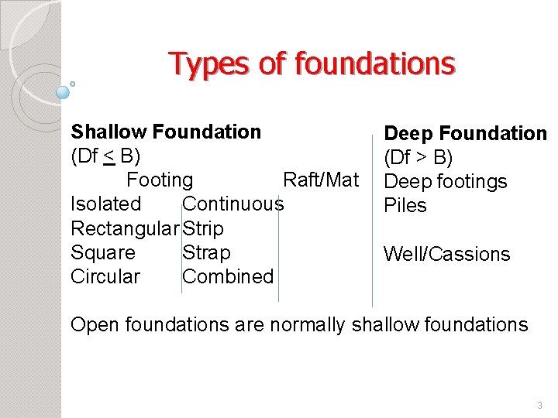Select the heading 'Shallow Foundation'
pyautogui.click(x=166, y=132)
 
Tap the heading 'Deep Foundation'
pyautogui.click(x=465, y=134)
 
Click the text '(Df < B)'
pyautogui.click(x=105, y=156)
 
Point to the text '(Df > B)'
pyautogui.click(x=418, y=158)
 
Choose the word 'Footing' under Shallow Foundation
pyautogui.click(x=160, y=180)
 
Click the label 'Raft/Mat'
pyautogui.click(x=321, y=180)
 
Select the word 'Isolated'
pyautogui.click(x=106, y=204)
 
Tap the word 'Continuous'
pyautogui.click(x=233, y=204)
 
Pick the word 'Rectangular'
pyautogui.click(x=125, y=229)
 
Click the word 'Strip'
pyautogui.click(x=203, y=229)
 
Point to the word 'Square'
pyautogui.click(x=103, y=253)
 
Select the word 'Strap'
pyautogui.click(x=206, y=253)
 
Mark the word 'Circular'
pyautogui.click(x=105, y=277)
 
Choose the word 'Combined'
pyautogui.click(x=228, y=277)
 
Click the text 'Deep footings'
pyautogui.click(x=446, y=182)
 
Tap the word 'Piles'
pyautogui.click(x=405, y=206)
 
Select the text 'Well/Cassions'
pyautogui.click(x=447, y=255)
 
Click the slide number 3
pyautogui.click(x=539, y=405)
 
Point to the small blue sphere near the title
pyautogui.click(x=63, y=92)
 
